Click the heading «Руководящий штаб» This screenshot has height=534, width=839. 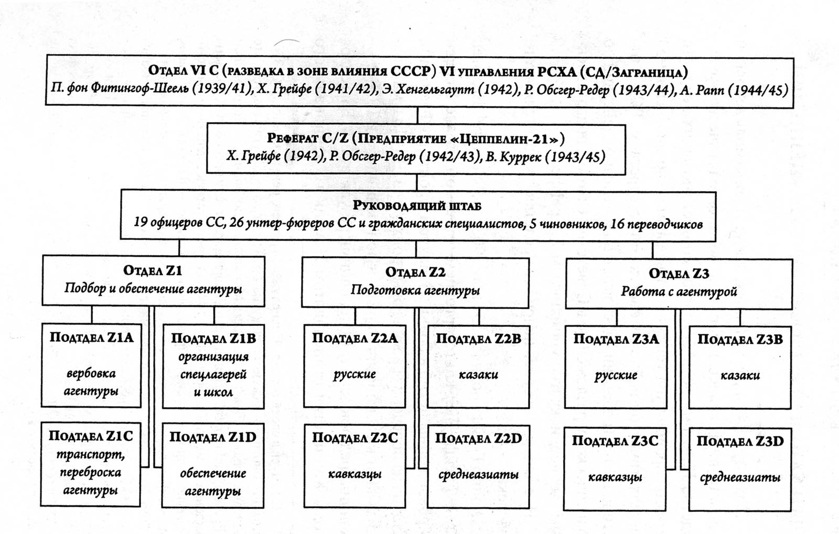417,206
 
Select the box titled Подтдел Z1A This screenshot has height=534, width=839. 91,365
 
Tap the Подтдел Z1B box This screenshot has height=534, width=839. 213,366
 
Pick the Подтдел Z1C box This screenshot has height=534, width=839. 90,464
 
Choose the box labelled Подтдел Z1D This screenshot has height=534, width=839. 213,465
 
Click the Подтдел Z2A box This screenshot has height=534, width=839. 354,366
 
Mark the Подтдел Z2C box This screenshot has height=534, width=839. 354,466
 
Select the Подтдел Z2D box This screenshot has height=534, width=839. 478,466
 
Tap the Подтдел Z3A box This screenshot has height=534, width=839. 616,367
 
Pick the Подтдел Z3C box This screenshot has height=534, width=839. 615,469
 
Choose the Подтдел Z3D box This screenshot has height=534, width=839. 740,470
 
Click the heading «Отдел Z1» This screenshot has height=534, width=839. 153,270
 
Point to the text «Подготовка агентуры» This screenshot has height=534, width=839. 415,290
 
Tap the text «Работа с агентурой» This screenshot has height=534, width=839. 679,291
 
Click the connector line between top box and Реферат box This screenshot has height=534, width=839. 417,116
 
